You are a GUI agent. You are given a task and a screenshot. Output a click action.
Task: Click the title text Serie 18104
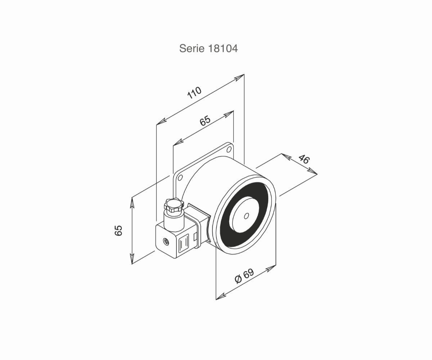(208, 48)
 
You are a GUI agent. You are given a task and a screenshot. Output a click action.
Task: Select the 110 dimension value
(194, 93)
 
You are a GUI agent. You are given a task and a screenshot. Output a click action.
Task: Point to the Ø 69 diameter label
(244, 276)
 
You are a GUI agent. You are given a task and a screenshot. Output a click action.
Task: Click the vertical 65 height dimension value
(118, 230)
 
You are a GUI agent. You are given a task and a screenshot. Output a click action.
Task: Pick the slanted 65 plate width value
(205, 121)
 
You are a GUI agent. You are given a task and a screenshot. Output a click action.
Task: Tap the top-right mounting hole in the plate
(229, 149)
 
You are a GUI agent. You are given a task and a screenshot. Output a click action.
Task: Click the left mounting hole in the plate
(180, 177)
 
